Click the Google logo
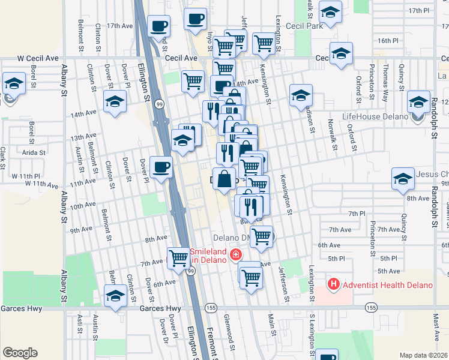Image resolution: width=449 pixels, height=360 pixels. (20, 353)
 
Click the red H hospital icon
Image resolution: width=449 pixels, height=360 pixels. (333, 284)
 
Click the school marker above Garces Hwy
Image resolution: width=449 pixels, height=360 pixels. (115, 295)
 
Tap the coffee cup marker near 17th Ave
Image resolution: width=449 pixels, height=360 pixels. (159, 26)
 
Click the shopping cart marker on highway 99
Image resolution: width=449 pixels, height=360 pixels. (179, 258)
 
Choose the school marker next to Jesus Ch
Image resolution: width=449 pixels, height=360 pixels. (403, 178)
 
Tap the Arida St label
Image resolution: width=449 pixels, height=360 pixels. (34, 152)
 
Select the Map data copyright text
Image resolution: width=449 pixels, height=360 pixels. (424, 355)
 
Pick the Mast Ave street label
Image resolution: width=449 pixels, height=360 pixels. (436, 338)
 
